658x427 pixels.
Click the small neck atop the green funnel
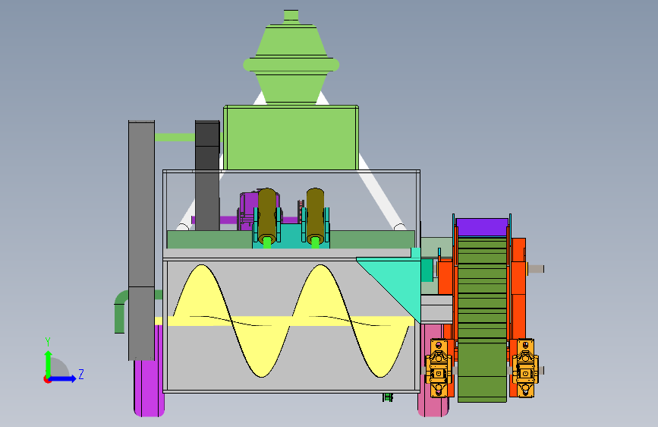pos(291,15)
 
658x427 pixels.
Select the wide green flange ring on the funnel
pos(291,65)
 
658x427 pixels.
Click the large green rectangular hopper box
pos(291,138)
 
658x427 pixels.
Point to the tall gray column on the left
pos(141,240)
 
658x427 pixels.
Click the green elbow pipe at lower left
pos(121,310)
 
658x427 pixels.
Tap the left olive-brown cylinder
pos(267,215)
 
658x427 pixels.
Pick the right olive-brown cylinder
pos(316,215)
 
